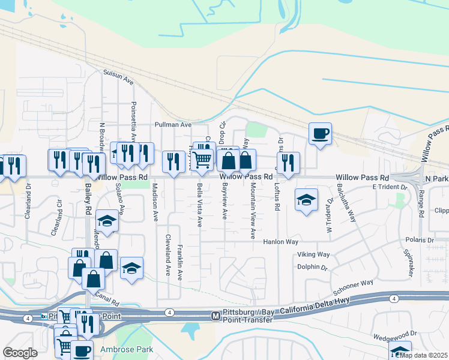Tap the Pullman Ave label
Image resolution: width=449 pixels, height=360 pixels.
pyautogui.click(x=172, y=125)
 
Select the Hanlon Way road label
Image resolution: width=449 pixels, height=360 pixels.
pyautogui.click(x=281, y=242)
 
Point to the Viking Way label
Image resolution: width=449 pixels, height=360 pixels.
pyautogui.click(x=314, y=255)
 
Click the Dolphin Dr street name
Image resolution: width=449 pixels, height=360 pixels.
pyautogui.click(x=312, y=268)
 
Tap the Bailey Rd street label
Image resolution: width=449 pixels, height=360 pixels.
pyautogui.click(x=88, y=197)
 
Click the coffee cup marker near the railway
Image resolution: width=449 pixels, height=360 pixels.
pyautogui.click(x=321, y=134)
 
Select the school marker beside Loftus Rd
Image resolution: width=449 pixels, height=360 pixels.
pyautogui.click(x=306, y=200)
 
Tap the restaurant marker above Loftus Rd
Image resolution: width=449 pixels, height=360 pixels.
pyautogui.click(x=288, y=162)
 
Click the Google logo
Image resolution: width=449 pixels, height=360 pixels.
pyautogui.click(x=20, y=353)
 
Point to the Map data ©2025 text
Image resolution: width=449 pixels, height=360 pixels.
pyautogui.click(x=424, y=355)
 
